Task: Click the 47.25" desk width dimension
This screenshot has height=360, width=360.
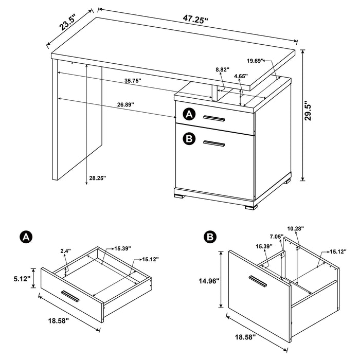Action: pyautogui.click(x=196, y=20)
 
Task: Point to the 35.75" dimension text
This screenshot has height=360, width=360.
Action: pyautogui.click(x=133, y=81)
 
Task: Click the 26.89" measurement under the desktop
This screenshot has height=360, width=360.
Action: pyautogui.click(x=125, y=104)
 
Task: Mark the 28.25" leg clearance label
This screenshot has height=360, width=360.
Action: pyautogui.click(x=97, y=178)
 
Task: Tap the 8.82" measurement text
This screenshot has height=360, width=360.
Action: pyautogui.click(x=222, y=69)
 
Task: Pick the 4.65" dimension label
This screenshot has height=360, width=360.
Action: pyautogui.click(x=240, y=77)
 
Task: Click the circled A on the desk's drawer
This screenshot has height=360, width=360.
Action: pyautogui.click(x=189, y=114)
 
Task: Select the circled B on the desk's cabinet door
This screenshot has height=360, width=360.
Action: pyautogui.click(x=189, y=138)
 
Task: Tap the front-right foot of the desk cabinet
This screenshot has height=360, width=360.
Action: pyautogui.click(x=250, y=207)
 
